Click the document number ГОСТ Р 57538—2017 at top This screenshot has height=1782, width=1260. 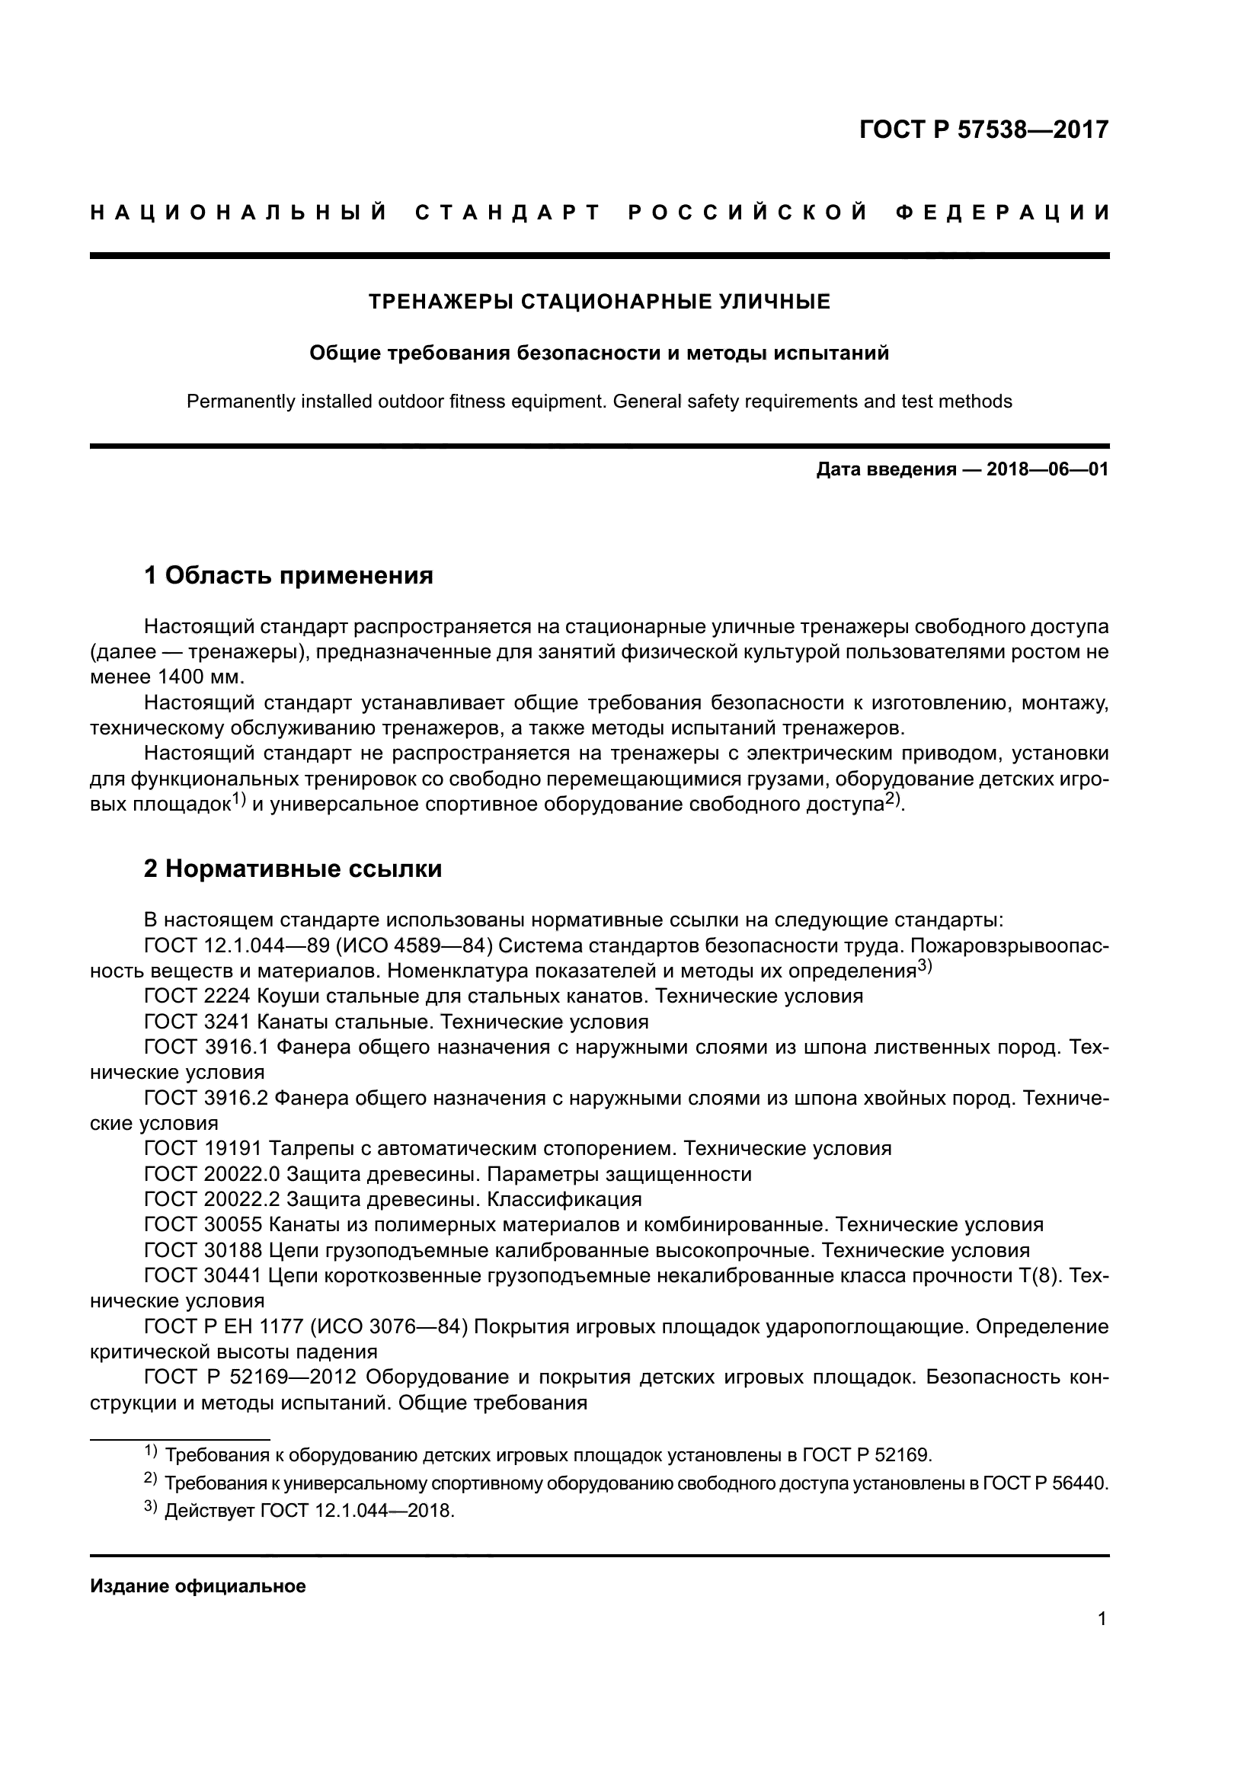[x=983, y=129]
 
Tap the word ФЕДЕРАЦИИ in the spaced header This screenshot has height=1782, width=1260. [x=1003, y=213]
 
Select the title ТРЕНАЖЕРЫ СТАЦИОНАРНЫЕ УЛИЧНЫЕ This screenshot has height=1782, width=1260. [x=599, y=301]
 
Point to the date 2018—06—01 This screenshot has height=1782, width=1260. [x=1047, y=469]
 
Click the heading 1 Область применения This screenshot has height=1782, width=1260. [x=289, y=575]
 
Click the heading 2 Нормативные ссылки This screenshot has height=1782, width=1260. [x=293, y=869]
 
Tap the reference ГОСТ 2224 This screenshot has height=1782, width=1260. [x=197, y=996]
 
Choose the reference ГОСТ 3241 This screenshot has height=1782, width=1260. [x=197, y=1022]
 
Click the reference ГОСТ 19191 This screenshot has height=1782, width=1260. [x=203, y=1148]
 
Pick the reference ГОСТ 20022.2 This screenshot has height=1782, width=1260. [x=212, y=1199]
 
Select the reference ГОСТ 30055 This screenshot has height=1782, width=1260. [x=203, y=1225]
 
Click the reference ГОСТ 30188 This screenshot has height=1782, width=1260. [x=203, y=1250]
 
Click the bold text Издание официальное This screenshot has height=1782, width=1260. [x=198, y=1586]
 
